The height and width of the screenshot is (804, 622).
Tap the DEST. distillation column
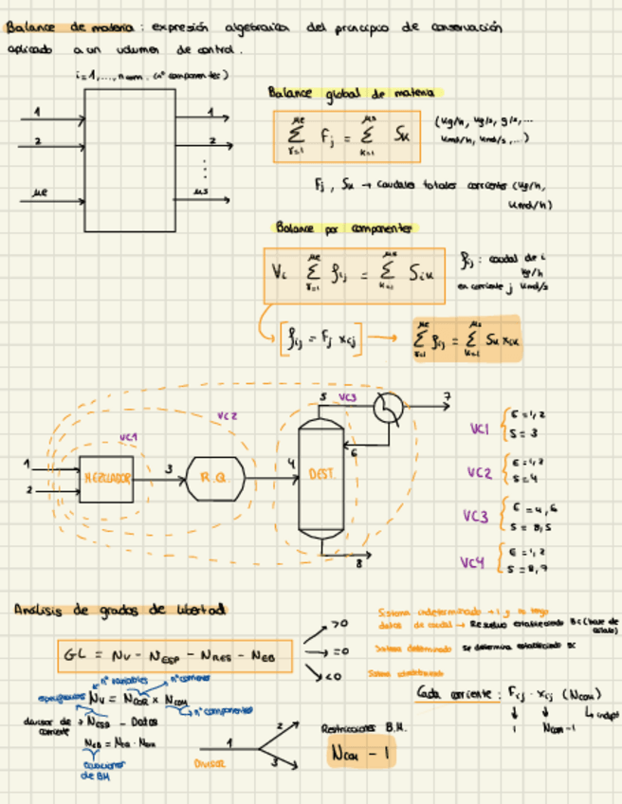coord(320,474)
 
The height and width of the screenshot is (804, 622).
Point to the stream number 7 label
coord(447,396)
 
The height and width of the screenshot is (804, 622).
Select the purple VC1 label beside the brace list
coord(480,429)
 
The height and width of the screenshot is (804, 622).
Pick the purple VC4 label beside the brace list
coord(473,563)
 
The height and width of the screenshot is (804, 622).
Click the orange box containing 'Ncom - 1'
coord(361,755)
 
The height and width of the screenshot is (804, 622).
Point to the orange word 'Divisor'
coord(211,762)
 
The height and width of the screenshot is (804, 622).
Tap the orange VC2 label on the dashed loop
coord(227,415)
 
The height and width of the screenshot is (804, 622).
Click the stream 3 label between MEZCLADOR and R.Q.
coord(169,468)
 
